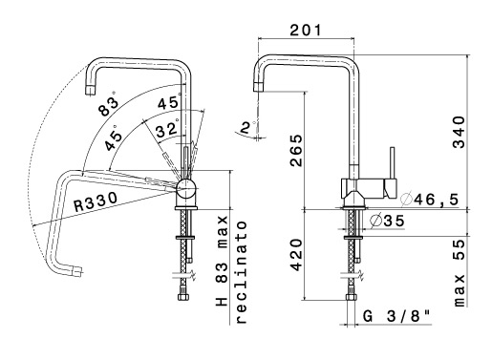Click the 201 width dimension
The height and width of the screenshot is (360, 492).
click(x=306, y=31)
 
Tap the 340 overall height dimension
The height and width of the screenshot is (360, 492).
click(x=459, y=132)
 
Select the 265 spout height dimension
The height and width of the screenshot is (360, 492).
click(x=296, y=150)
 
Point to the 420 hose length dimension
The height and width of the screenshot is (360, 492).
click(x=296, y=255)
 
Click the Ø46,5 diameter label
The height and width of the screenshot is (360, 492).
click(x=430, y=200)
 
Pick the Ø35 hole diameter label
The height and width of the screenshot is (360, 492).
click(x=388, y=221)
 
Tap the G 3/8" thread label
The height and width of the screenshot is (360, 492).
click(x=396, y=316)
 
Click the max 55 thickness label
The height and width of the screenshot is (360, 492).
click(x=459, y=273)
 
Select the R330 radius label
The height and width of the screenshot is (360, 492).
click(x=96, y=202)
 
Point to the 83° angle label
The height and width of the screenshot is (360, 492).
click(x=108, y=105)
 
